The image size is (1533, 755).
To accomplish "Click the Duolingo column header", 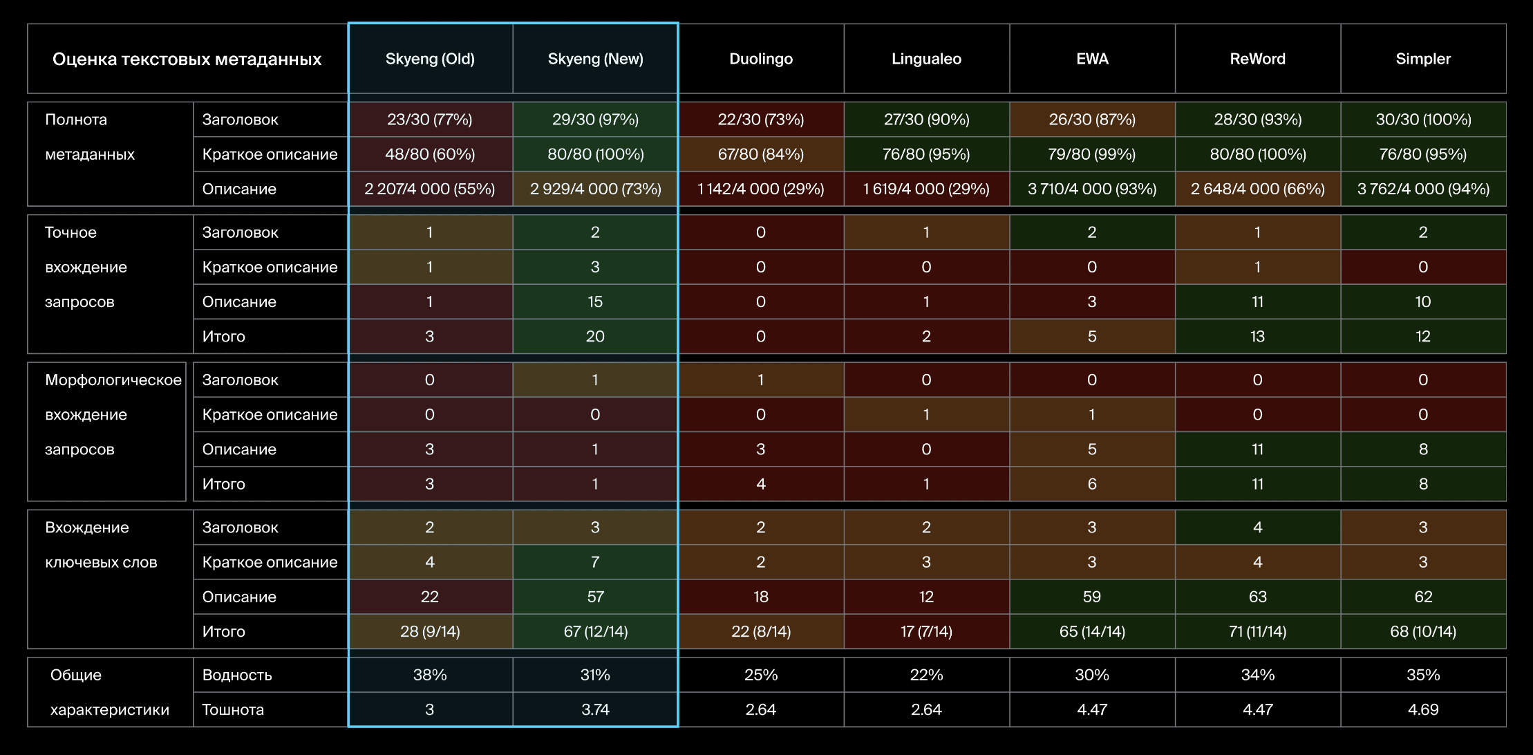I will tap(760, 59).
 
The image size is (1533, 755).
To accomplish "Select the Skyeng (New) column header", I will tap(595, 59).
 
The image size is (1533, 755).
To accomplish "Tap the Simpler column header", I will tap(1422, 59).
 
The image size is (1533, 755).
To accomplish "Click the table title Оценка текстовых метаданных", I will tap(187, 59).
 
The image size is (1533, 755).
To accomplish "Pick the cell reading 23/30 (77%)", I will tap(429, 120).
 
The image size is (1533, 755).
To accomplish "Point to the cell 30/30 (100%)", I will tap(1422, 120).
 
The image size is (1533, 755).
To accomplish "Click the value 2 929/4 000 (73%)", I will tap(595, 189).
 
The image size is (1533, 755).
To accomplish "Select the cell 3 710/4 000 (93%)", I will tap(1091, 189).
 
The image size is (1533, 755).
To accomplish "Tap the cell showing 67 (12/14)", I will tap(595, 631).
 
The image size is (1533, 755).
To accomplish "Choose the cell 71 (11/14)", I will tap(1257, 631).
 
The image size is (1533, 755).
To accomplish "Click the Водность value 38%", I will tap(429, 675).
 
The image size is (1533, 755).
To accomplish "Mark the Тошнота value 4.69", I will tap(1422, 709).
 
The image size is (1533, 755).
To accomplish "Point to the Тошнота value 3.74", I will tap(595, 709).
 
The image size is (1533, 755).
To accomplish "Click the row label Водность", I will tap(236, 675).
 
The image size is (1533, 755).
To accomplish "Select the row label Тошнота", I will tap(232, 709).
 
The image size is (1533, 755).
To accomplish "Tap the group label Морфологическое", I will tap(113, 380).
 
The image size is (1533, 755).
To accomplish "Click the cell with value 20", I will tap(595, 336).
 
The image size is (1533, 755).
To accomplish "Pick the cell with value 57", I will tap(595, 597).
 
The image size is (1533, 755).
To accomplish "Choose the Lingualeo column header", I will tap(926, 59).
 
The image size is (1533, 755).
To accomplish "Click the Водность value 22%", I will tap(926, 675).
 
